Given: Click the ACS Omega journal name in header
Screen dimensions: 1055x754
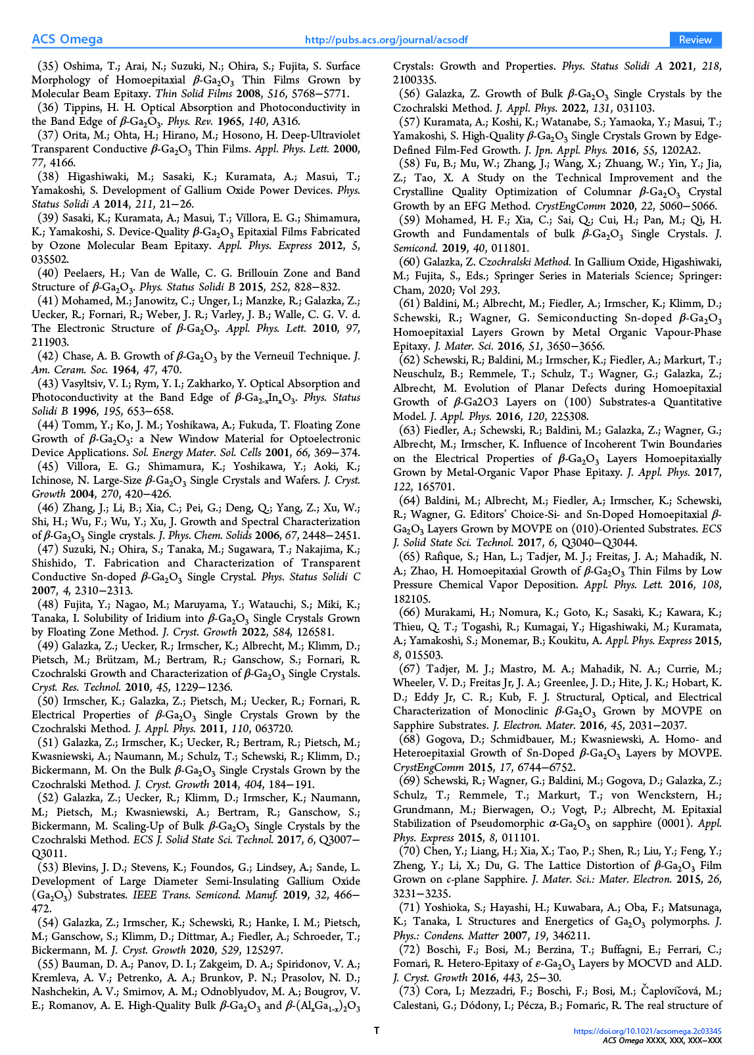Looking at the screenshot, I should click(67, 39).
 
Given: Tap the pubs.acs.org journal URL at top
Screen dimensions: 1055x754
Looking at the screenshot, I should click(387, 40).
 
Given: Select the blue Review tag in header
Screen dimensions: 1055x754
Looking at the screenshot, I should click(695, 40).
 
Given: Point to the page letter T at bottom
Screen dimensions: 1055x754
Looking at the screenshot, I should click(377, 1031).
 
